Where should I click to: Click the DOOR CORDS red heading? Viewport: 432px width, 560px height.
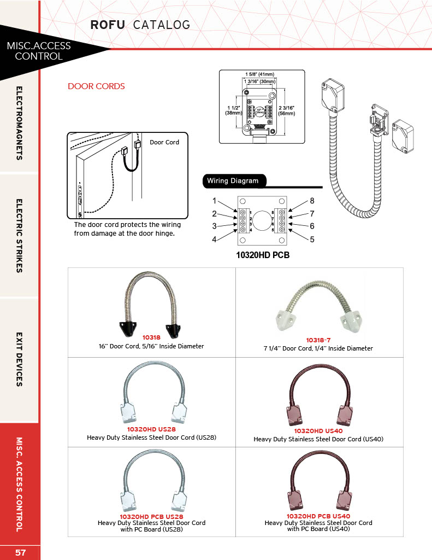coord(96,86)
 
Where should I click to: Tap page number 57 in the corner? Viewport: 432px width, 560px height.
coord(20,552)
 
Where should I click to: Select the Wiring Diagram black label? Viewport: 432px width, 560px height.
coord(232,181)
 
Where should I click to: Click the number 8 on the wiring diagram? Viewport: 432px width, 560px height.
coord(312,201)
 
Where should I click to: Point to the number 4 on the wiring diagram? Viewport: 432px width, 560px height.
coord(215,239)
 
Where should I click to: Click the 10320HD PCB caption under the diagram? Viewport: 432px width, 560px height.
coord(262,255)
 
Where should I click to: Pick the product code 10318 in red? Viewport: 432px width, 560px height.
coord(151,339)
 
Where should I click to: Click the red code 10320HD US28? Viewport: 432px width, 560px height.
coord(151,430)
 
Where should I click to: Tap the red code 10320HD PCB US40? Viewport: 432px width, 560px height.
coord(318,516)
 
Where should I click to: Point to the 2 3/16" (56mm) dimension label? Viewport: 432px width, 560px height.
coord(287,110)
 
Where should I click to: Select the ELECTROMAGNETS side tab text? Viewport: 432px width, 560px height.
coord(20,123)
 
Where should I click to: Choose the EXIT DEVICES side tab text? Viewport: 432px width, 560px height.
coord(20,359)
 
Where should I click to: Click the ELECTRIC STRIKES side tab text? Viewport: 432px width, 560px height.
coord(20,235)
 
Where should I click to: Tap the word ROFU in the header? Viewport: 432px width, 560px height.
coord(108,25)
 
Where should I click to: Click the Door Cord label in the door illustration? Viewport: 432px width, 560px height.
coord(164,142)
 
